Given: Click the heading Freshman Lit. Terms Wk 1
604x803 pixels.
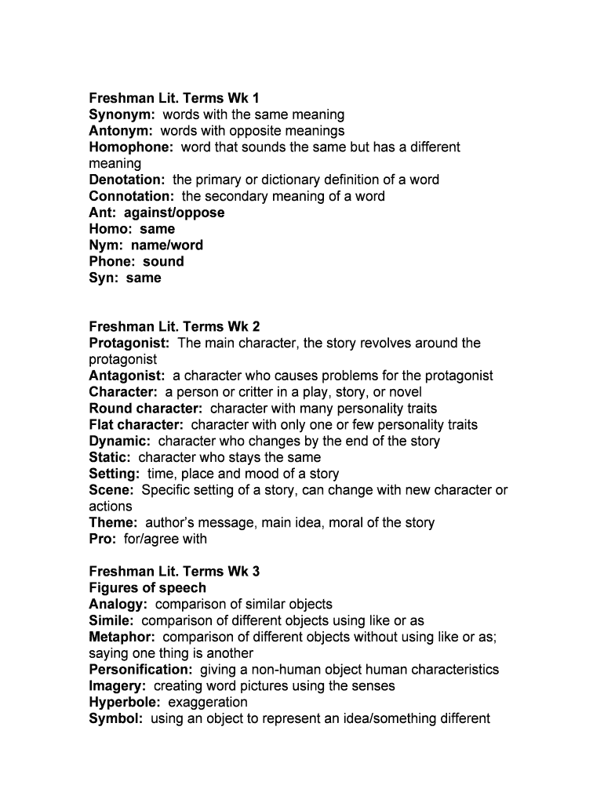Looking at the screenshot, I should (x=173, y=98).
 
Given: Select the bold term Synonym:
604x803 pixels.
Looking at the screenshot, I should (x=122, y=114).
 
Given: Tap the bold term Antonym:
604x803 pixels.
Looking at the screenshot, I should (x=121, y=131).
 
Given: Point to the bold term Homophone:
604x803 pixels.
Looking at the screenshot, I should (x=131, y=147).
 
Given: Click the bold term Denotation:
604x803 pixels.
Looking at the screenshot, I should (x=127, y=180).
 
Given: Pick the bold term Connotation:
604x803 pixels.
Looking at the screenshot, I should (x=132, y=196).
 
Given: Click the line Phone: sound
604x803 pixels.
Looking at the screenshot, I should (x=136, y=261).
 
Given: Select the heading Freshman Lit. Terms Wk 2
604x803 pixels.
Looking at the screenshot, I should (x=174, y=326).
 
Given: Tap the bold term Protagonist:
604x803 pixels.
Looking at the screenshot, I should (x=129, y=343).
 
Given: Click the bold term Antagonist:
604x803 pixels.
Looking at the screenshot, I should (x=127, y=376).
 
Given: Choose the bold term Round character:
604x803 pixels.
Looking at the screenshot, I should (x=146, y=409).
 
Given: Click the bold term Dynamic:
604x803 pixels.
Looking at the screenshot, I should (x=120, y=441).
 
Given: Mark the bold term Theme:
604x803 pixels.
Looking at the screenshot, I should (x=114, y=522).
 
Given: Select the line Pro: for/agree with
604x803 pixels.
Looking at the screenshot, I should (x=148, y=539).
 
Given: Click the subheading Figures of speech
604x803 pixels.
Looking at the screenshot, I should (x=147, y=587).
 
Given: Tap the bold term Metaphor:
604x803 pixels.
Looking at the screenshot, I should (x=122, y=637).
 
